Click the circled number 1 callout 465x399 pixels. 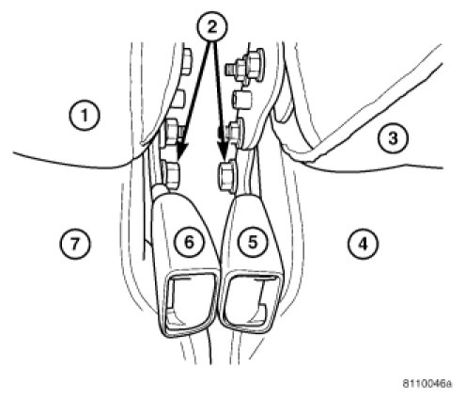(x=85, y=115)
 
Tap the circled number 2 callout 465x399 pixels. (x=212, y=27)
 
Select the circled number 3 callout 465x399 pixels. (x=393, y=138)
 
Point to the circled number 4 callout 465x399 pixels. (x=363, y=243)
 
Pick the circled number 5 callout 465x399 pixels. (x=252, y=242)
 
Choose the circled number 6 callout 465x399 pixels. (x=189, y=242)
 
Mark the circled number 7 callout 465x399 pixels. (x=75, y=243)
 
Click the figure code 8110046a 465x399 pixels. (x=427, y=383)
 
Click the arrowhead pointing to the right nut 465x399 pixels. (x=223, y=149)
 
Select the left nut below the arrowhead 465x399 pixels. (x=171, y=175)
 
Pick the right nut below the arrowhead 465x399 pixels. (x=227, y=176)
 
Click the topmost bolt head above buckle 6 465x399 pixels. (x=186, y=62)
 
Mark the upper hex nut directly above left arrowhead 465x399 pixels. (x=172, y=132)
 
